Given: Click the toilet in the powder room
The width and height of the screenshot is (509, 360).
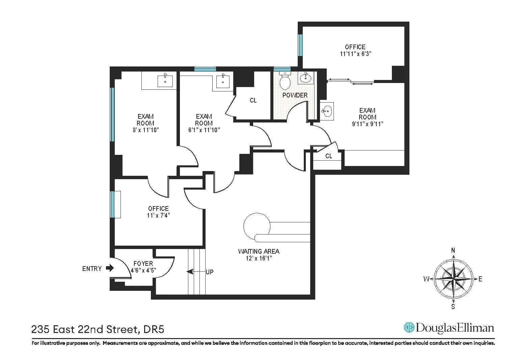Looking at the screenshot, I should click(285, 81).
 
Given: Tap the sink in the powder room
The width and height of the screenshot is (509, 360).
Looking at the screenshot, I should click(306, 78).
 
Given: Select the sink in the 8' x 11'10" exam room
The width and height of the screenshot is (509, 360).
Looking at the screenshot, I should click(165, 81).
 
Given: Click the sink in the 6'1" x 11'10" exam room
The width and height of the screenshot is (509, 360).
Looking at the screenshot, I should click(222, 81).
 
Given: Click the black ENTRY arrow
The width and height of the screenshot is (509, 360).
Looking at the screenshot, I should click(110, 268).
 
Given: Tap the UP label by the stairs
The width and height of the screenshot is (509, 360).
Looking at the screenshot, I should click(210, 272).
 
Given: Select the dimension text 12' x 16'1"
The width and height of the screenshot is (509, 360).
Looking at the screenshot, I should click(259, 258).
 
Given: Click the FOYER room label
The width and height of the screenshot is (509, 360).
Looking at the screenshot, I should click(143, 264).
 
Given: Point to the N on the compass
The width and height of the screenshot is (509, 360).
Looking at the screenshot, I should click(453, 250).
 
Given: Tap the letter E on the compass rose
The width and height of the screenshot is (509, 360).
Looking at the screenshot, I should click(480, 279).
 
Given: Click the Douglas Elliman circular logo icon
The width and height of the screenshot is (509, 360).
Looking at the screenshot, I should click(409, 327).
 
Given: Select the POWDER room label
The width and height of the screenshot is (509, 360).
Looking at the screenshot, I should click(295, 95).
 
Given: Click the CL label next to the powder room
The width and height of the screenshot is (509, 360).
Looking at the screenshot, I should click(253, 101).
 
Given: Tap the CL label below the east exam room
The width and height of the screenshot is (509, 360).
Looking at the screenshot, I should click(329, 156).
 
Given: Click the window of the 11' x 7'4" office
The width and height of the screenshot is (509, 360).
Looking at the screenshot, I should click(112, 204).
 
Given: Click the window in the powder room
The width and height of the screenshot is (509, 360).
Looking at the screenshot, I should click(282, 69).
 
